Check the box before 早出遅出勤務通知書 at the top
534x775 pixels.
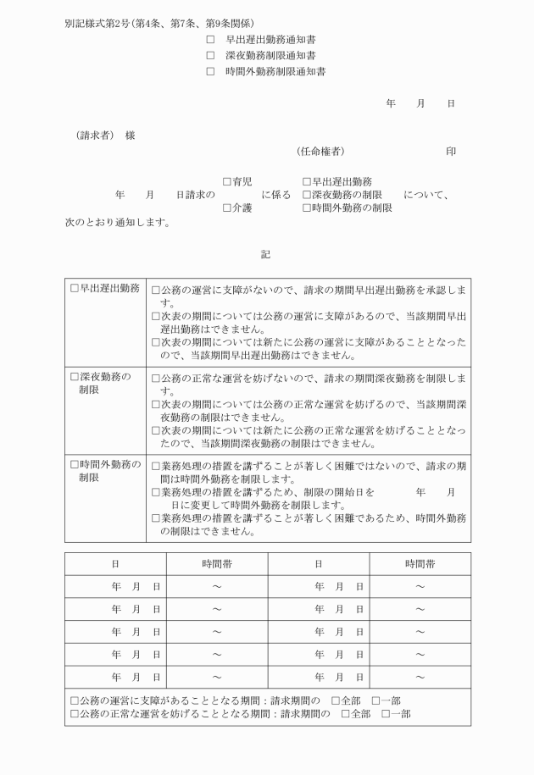tap(211, 40)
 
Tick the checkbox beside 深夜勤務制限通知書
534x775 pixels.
tap(211, 56)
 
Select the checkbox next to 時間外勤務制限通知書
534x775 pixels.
tap(211, 72)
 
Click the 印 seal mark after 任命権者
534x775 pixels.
tap(450, 152)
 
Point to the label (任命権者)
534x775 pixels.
tap(320, 152)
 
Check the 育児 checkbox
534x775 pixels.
tap(227, 182)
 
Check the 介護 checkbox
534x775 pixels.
tap(227, 208)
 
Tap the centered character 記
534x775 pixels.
tap(266, 253)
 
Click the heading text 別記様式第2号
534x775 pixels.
tap(97, 23)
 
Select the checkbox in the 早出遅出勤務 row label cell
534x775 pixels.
tap(75, 289)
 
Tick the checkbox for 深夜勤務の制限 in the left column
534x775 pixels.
tap(75, 376)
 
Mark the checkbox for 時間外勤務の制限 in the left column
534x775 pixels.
tap(75, 464)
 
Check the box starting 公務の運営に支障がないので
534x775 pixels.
tap(156, 290)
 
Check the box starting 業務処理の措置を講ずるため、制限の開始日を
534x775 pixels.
tap(156, 492)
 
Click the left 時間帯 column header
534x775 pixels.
tap(217, 563)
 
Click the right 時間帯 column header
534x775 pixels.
tap(420, 563)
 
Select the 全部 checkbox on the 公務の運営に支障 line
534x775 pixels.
tap(336, 701)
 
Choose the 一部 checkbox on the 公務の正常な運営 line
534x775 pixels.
tap(387, 715)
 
